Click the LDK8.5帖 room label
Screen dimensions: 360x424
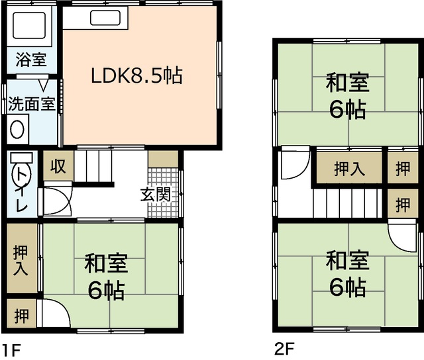(x=136, y=75)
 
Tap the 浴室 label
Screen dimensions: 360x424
(x=31, y=60)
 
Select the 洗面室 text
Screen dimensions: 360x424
(x=31, y=105)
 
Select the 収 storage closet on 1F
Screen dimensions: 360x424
(x=59, y=166)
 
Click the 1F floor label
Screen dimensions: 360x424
(x=11, y=349)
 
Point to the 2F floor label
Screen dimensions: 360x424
(x=284, y=348)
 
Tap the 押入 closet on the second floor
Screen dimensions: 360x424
(x=348, y=168)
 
